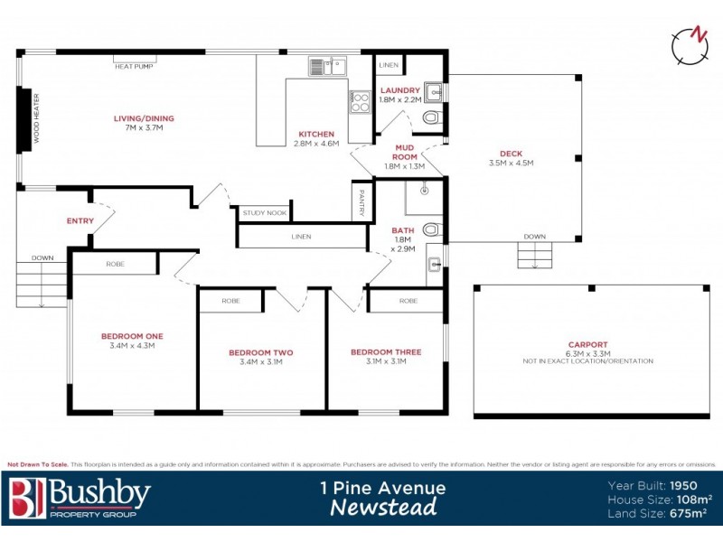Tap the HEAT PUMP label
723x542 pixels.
132,64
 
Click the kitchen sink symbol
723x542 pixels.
327,66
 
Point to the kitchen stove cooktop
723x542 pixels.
360,102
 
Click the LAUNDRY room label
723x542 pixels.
400,90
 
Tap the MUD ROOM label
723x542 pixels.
404,151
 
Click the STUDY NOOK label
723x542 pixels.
265,214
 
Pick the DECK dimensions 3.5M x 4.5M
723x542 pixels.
511,164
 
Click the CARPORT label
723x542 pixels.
587,344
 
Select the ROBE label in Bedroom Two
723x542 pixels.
231,300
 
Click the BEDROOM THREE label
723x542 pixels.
385,352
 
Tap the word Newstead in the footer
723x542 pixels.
383,508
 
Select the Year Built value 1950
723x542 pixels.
691,485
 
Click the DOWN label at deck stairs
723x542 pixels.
534,237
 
